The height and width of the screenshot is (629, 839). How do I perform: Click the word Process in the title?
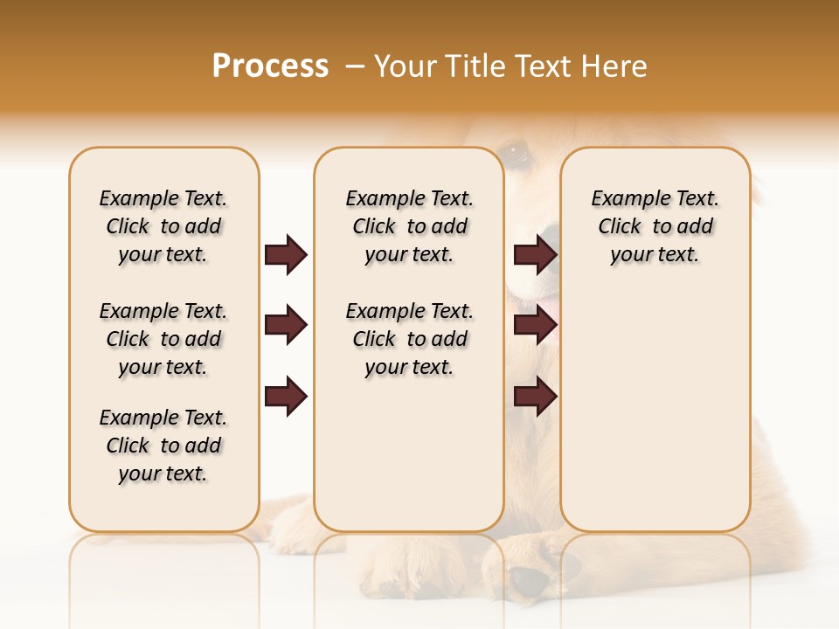(270, 66)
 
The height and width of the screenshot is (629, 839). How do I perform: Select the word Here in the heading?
(614, 66)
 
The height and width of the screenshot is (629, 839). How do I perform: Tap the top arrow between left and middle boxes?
(286, 255)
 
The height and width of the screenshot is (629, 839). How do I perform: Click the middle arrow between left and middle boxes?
(286, 326)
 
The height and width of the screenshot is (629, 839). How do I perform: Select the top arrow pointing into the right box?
(535, 255)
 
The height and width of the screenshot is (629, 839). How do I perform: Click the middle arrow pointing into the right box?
(535, 326)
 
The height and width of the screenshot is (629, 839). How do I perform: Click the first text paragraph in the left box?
(163, 226)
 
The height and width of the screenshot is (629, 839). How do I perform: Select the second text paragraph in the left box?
(163, 339)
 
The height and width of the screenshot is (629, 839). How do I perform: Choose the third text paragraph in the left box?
(163, 446)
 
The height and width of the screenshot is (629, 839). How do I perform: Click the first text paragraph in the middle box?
(409, 226)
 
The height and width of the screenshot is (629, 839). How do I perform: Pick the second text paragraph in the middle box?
(409, 339)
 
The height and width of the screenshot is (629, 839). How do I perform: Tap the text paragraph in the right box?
(655, 226)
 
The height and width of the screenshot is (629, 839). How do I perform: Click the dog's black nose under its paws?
(530, 579)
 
